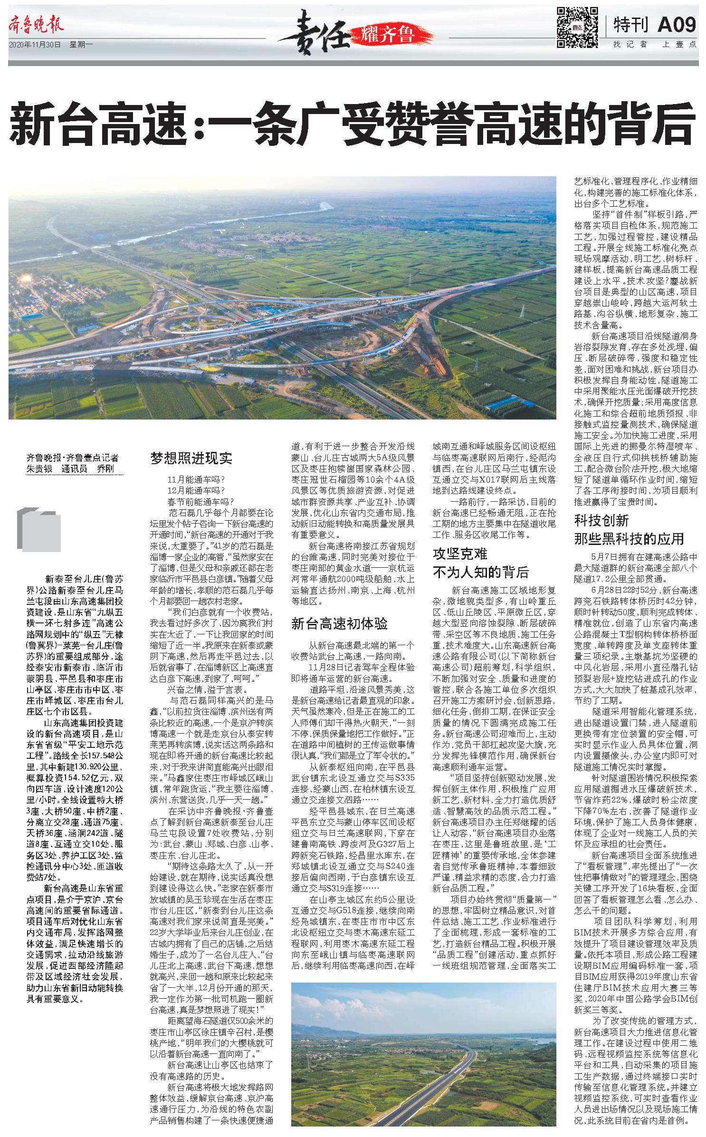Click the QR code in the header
tap(577, 27)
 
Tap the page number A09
tap(676, 24)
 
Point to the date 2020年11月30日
tap(35, 45)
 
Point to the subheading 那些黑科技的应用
tap(629, 539)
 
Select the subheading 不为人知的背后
tap(481, 572)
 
